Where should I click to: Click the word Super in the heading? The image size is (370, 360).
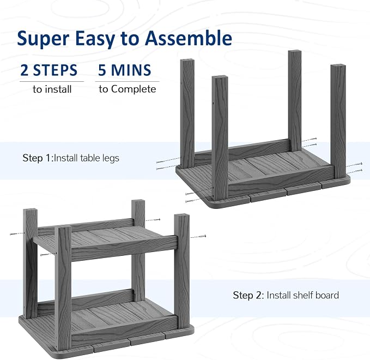click(x=43, y=38)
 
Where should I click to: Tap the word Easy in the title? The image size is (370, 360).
click(x=95, y=39)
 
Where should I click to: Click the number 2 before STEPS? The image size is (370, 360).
click(x=25, y=70)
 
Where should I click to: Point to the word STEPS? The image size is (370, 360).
click(x=55, y=70)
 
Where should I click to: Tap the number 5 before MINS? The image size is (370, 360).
click(x=102, y=70)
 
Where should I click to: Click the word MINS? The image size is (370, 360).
click(x=131, y=70)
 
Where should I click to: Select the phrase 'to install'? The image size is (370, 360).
click(x=52, y=89)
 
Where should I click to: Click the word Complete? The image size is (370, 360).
click(x=134, y=89)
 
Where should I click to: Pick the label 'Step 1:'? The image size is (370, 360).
click(x=38, y=158)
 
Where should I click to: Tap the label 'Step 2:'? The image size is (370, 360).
click(x=248, y=295)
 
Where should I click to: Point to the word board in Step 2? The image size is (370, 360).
click(x=327, y=295)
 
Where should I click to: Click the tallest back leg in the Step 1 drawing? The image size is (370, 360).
click(x=295, y=100)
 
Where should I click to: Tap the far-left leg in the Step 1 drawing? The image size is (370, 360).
click(x=187, y=113)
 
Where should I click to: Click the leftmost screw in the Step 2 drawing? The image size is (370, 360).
click(x=17, y=233)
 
